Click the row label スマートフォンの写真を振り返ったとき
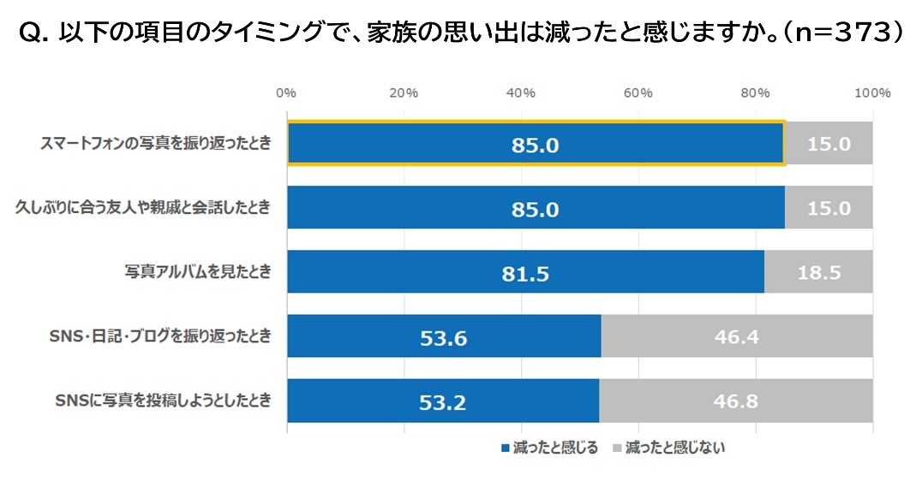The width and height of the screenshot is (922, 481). tap(155, 144)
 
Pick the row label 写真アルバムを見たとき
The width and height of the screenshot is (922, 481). tap(197, 272)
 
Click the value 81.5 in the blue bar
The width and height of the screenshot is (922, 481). tap(526, 274)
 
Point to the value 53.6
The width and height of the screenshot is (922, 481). tap(443, 338)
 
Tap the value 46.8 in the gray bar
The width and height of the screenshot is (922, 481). tap(735, 401)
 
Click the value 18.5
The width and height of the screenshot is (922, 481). tap(818, 273)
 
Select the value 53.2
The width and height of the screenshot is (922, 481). tap(443, 402)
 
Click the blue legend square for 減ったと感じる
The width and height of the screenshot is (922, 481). tap(505, 448)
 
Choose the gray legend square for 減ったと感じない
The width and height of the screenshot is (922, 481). tap(616, 448)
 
